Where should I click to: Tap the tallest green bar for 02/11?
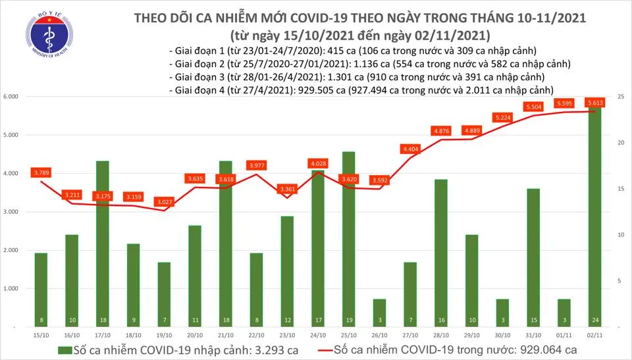(x=593, y=217)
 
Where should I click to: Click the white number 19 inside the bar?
(x=348, y=321)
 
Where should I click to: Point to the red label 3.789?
(x=41, y=172)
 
